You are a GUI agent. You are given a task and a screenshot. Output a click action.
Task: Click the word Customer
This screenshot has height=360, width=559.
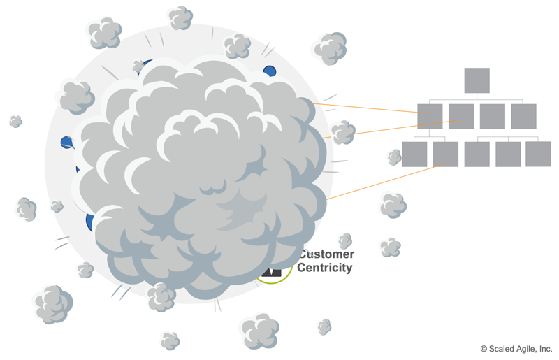tap(327, 254)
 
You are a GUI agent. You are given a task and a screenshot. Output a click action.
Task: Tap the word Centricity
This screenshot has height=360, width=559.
tap(326, 268)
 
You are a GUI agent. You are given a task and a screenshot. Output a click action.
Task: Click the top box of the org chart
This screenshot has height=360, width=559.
tap(477, 80)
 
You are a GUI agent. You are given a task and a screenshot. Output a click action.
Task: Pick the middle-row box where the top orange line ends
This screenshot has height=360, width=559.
tap(430, 116)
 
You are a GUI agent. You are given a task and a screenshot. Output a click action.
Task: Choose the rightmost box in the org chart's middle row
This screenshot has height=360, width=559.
tap(523, 116)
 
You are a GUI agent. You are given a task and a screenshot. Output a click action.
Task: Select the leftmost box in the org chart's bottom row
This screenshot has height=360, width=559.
tap(414, 154)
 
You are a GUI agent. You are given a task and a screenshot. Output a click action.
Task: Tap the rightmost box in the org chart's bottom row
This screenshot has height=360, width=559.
tap(538, 154)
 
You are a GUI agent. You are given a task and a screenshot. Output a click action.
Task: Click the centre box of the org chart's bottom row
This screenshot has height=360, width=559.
tap(477, 154)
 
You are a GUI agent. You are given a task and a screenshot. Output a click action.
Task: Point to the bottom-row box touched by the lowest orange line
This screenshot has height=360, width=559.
tap(445, 154)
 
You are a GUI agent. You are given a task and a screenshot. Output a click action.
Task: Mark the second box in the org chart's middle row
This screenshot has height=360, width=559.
tap(461, 116)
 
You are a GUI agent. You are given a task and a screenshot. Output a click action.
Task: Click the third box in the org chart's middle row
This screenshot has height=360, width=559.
tap(493, 116)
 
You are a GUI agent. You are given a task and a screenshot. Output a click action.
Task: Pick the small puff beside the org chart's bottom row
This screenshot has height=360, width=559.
tap(395, 157)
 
